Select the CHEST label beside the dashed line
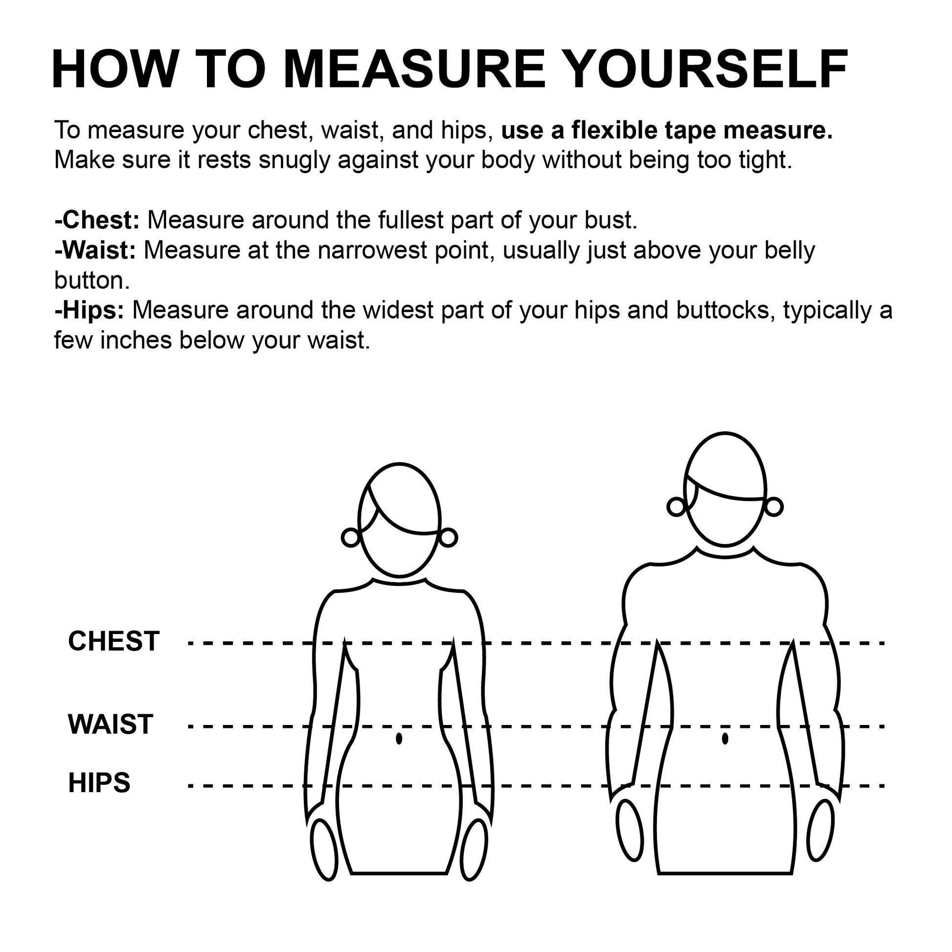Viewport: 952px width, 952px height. (x=114, y=641)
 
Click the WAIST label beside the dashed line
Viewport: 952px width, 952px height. (x=111, y=725)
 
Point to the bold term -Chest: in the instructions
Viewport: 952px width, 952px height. (x=97, y=220)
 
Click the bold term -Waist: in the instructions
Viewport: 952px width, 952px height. (x=95, y=250)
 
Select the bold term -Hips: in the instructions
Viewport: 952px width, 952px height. (x=89, y=311)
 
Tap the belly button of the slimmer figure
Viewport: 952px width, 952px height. (x=399, y=739)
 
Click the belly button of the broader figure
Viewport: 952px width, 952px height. (x=725, y=738)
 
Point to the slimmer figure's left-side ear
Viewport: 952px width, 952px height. (x=351, y=538)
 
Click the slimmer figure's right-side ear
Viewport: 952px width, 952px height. (x=448, y=538)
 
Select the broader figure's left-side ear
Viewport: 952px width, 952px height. (x=677, y=506)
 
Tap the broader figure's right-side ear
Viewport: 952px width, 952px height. (x=773, y=506)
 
